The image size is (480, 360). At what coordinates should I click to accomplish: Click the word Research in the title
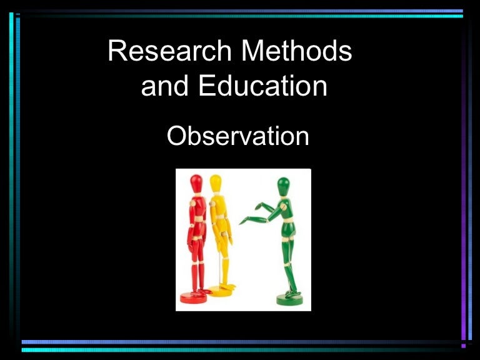[169, 51]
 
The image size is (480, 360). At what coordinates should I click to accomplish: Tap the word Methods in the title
[297, 51]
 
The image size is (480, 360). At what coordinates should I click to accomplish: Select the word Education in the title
[263, 86]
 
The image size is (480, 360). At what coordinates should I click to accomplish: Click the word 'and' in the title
[164, 86]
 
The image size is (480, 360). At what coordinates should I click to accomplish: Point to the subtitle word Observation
[238, 136]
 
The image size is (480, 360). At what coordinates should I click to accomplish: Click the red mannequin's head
[196, 183]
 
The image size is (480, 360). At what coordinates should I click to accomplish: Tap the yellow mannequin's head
[216, 183]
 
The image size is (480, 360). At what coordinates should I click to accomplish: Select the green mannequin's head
[283, 186]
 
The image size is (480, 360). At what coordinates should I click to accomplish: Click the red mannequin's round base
[194, 297]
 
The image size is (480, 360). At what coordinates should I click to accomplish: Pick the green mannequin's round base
[289, 300]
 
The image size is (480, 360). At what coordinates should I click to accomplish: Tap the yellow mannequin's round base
[220, 291]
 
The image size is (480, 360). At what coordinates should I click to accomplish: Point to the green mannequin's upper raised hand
[259, 206]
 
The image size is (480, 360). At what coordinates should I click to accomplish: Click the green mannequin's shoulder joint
[284, 207]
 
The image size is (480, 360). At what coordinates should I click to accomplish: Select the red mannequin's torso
[198, 207]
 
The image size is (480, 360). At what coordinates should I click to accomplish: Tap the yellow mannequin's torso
[218, 206]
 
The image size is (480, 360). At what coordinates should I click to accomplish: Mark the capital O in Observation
[177, 136]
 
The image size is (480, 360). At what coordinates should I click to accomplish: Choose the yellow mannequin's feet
[228, 287]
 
